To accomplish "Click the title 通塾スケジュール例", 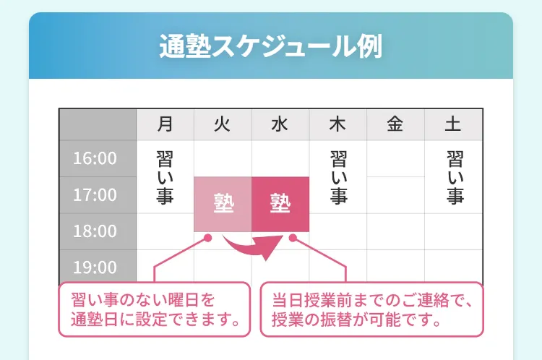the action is (271, 46).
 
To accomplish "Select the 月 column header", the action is (165, 124).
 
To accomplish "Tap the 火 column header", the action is (223, 124).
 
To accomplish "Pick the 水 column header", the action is (280, 124).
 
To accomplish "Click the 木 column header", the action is (338, 124).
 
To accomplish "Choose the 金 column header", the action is (395, 124).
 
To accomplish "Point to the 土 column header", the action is (453, 124).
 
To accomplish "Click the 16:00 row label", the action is (95, 158).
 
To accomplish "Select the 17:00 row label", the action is (95, 194).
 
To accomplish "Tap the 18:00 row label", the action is (95, 231).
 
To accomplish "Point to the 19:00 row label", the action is (95, 267).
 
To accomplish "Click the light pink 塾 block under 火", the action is (223, 204).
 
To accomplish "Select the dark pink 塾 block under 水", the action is (280, 204).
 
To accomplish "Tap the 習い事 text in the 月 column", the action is (165, 177).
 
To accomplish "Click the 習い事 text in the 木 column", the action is (339, 177).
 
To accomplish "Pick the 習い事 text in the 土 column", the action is (455, 177).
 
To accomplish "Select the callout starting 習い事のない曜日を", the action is (154, 309).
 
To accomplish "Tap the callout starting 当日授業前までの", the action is (372, 309).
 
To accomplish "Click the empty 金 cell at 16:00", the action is (395, 158).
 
